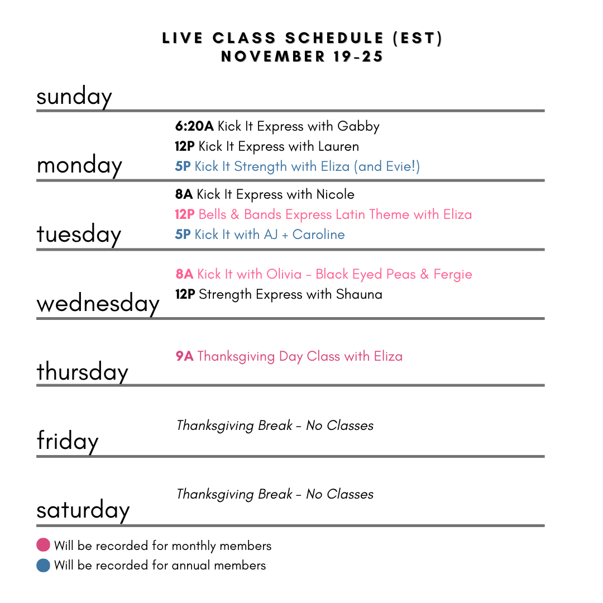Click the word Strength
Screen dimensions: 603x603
coord(260,167)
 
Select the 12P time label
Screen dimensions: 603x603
coord(185,214)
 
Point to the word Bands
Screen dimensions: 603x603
coord(262,214)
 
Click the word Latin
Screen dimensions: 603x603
coord(350,214)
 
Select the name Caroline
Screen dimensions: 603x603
coord(318,234)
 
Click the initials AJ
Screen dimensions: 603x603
coord(270,234)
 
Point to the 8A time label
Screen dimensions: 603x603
coord(184,274)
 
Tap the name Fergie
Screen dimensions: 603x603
coord(453,275)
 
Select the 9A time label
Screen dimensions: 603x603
coord(184,356)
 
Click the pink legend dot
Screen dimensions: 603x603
coord(43,544)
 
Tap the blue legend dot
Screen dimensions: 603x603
coord(43,565)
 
